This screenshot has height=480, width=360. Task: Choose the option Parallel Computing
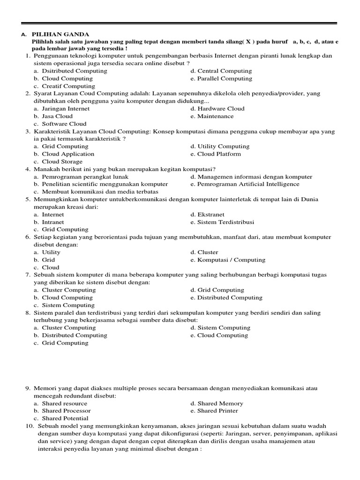tap(225, 78)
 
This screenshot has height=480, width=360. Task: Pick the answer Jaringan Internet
tap(66, 109)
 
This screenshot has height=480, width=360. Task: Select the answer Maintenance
tap(215, 116)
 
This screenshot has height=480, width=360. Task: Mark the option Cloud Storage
tap(62, 162)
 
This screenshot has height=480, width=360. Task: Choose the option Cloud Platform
tap(219, 154)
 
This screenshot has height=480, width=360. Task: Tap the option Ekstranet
tap(211, 215)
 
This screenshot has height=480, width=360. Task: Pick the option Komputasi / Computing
tap(231, 260)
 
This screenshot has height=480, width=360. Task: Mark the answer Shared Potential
tap(65, 418)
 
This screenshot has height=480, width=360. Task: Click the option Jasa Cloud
tap(57, 116)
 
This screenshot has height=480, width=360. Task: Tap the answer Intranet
tap(53, 222)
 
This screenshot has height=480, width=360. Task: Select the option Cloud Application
tap(68, 154)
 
